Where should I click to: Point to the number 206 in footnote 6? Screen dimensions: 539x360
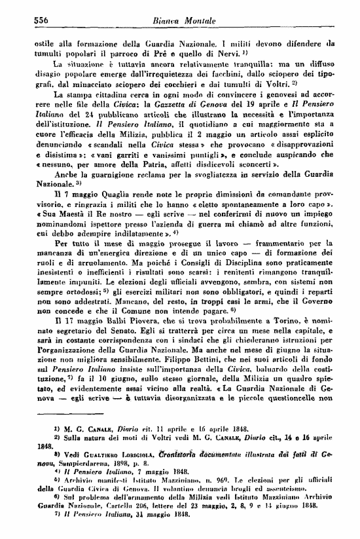point(136,509)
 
